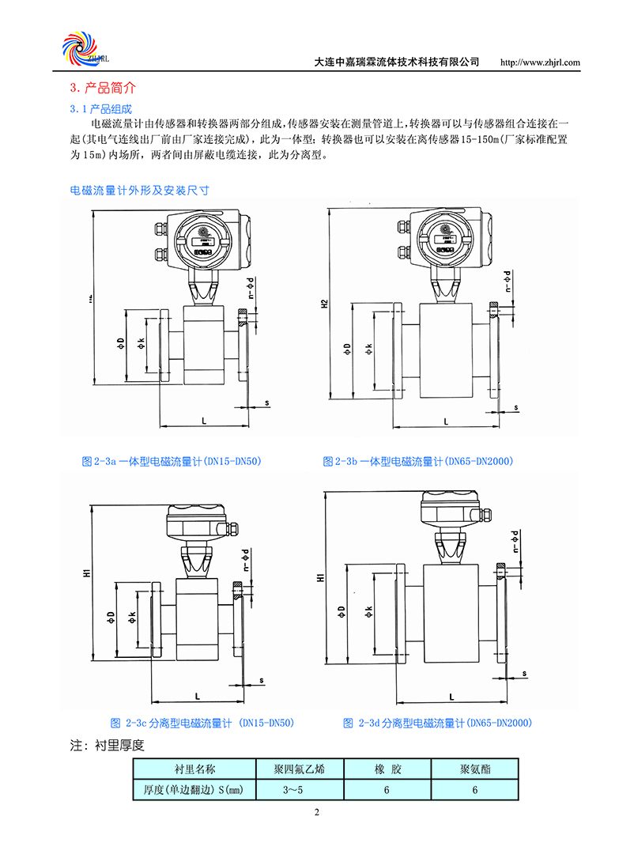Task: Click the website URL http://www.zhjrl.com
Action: click(x=542, y=62)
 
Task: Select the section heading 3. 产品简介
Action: click(x=104, y=88)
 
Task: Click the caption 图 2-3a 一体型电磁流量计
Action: click(x=172, y=461)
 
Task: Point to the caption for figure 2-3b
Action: click(x=418, y=461)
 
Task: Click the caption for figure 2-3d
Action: click(x=438, y=723)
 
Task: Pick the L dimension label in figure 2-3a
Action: click(x=203, y=422)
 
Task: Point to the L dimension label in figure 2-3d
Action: click(x=451, y=697)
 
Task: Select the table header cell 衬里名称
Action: click(x=194, y=769)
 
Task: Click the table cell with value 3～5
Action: click(x=293, y=789)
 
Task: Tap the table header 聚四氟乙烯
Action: click(x=293, y=769)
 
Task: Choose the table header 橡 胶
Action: click(x=385, y=769)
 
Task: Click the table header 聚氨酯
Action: click(x=474, y=769)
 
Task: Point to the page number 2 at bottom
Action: click(x=316, y=813)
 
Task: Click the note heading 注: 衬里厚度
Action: click(x=108, y=745)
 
